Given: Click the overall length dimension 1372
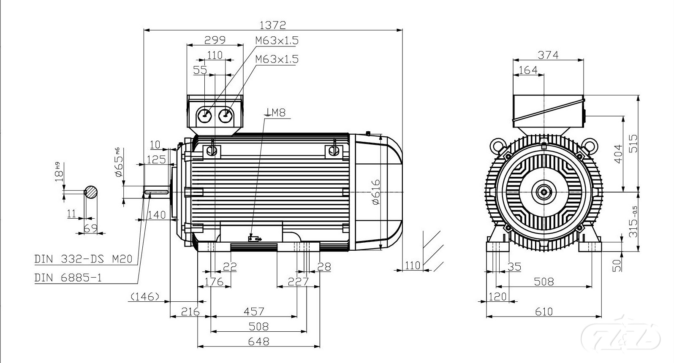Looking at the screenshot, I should point(272,25).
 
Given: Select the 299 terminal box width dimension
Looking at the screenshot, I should point(215,40).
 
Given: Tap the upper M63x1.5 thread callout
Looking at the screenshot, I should point(277,41).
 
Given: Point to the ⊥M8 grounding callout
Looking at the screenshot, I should point(275,112).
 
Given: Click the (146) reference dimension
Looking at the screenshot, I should point(144,297).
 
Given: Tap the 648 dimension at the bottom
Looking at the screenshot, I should point(258,341).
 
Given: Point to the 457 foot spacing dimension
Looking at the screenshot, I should point(254,312).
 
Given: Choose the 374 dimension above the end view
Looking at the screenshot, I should point(548,55).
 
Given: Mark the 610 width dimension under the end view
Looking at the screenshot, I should point(544,312).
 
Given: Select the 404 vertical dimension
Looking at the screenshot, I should point(617,154).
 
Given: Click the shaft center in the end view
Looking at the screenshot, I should point(544,192).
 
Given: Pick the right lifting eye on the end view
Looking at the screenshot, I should point(590,146).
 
